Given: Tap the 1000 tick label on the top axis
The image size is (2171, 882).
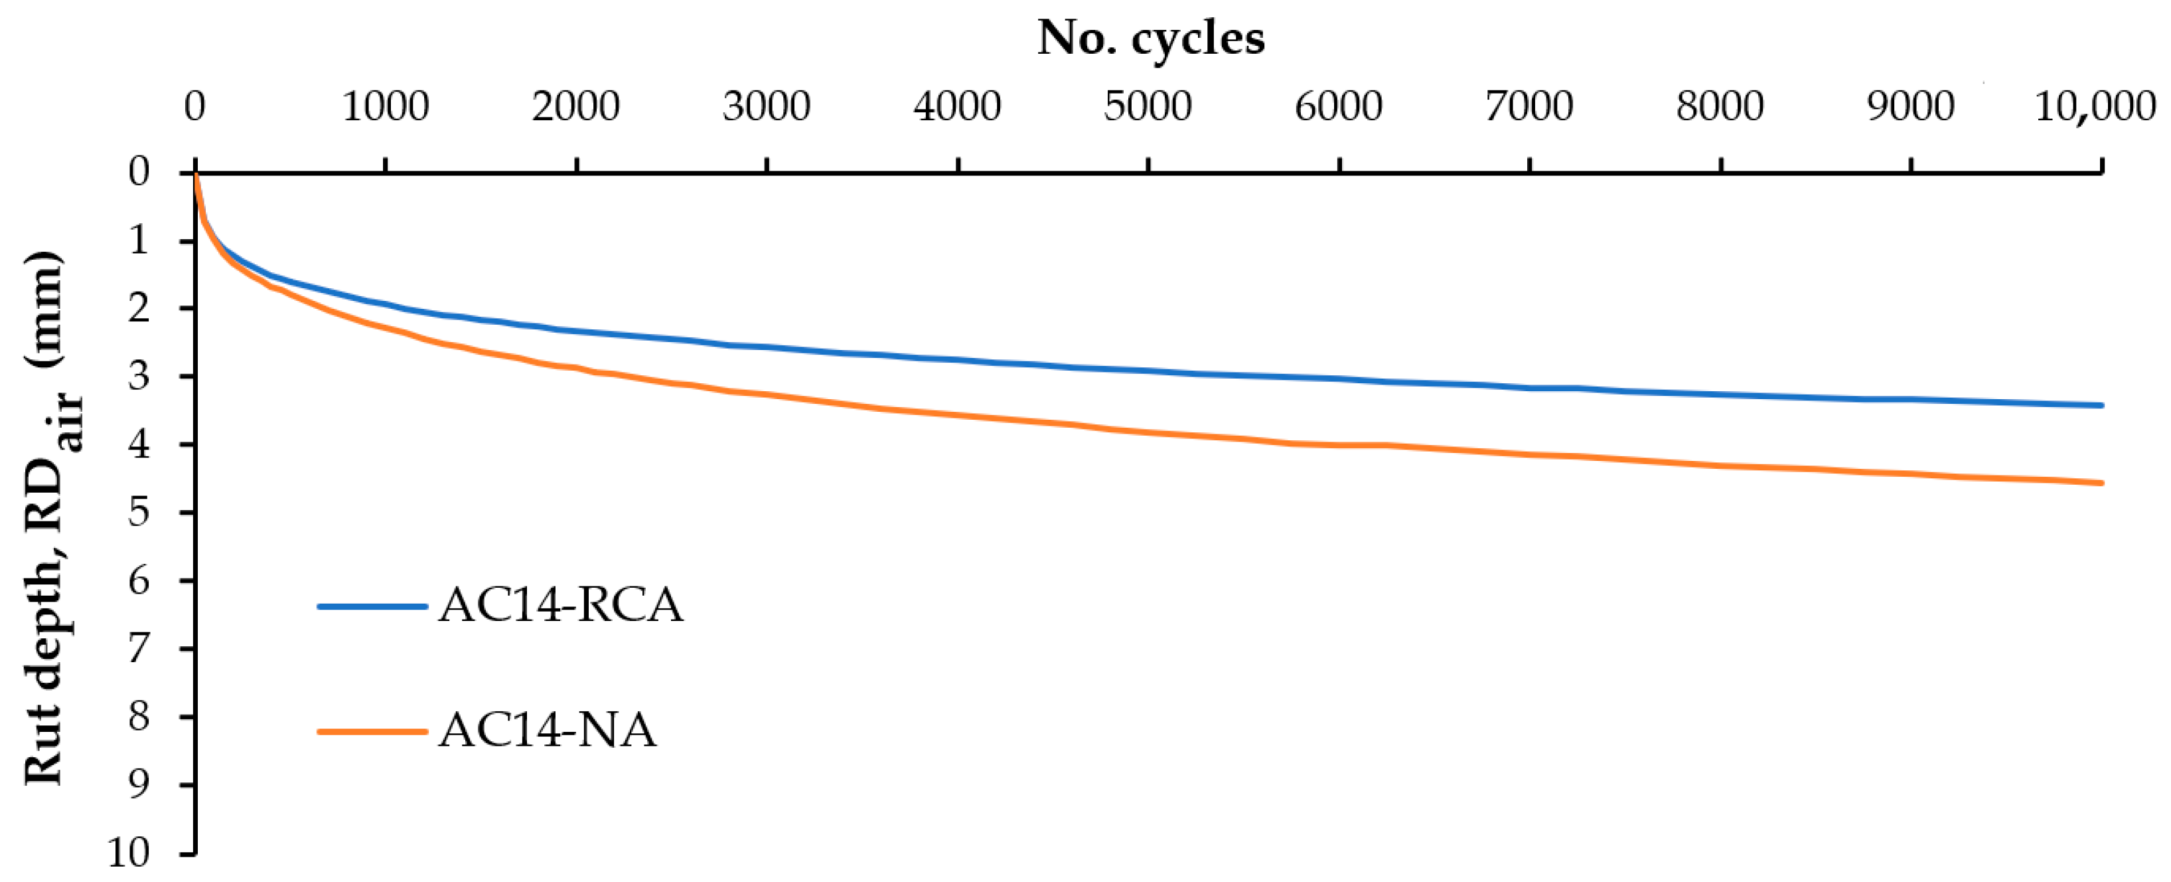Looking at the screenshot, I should pyautogui.click(x=385, y=107).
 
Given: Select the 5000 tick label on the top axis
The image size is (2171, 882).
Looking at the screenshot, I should pyautogui.click(x=1147, y=107).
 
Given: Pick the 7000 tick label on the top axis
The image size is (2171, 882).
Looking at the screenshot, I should pyautogui.click(x=1529, y=107).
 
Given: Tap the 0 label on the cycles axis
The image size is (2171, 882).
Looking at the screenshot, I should pyautogui.click(x=194, y=107).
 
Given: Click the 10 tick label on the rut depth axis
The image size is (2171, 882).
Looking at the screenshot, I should pyautogui.click(x=128, y=853).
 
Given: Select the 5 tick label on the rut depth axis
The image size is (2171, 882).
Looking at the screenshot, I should pyautogui.click(x=139, y=512).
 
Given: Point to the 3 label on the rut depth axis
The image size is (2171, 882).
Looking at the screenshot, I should pyautogui.click(x=139, y=375).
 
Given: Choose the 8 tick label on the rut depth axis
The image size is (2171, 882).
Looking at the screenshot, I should pyautogui.click(x=139, y=717).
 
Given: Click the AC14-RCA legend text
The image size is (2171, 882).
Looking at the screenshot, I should pyautogui.click(x=560, y=606).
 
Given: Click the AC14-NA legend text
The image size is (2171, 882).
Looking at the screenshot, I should pyautogui.click(x=547, y=730).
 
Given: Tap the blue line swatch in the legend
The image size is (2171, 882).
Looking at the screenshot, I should pyautogui.click(x=372, y=606).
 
